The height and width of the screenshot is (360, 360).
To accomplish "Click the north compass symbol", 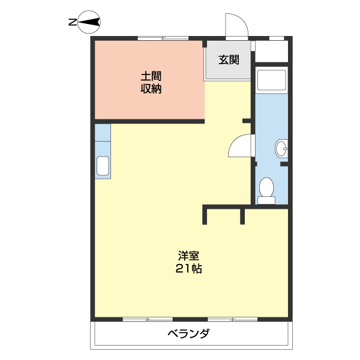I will pos(89,23).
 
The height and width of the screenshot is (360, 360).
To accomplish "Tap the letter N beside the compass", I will pos(72,23).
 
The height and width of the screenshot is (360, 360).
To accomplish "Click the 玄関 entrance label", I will pos(229,59).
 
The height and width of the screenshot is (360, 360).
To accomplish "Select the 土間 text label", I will pos(151,76).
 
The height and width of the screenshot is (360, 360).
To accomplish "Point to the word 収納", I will pos(151,89).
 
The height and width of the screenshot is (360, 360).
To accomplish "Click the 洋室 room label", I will pos(188,255).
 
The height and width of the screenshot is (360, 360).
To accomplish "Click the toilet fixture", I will pos(266,190).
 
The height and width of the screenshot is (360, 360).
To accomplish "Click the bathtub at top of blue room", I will pos(272,80).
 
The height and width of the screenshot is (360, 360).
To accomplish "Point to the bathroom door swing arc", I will pos(242,146).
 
